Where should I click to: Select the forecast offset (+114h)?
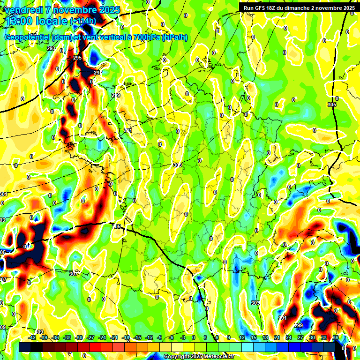point(83,21)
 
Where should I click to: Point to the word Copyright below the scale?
point(179,357)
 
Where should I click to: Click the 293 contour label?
point(51,49)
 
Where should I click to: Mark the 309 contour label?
point(39,332)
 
